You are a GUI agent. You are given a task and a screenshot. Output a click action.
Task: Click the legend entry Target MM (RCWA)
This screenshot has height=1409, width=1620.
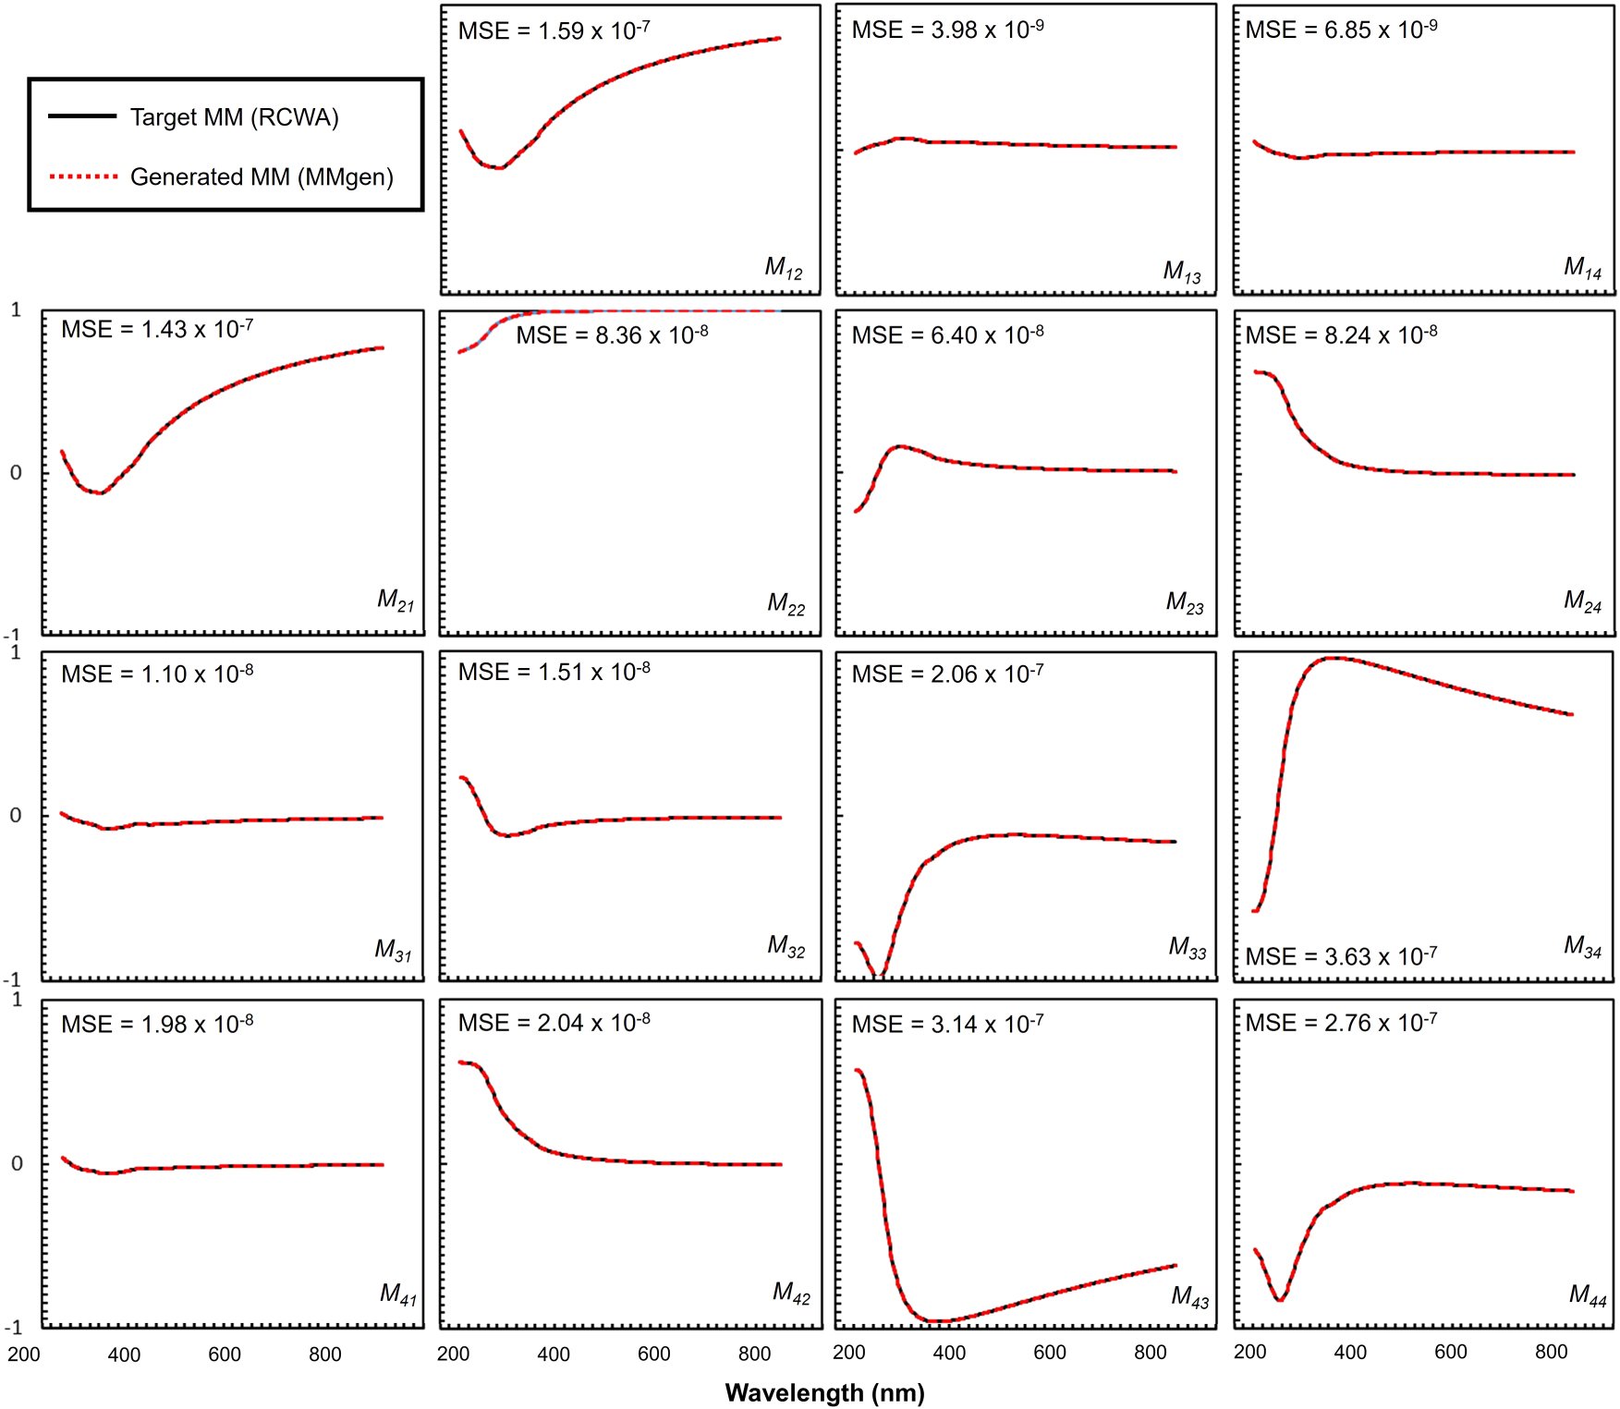pyautogui.click(x=234, y=117)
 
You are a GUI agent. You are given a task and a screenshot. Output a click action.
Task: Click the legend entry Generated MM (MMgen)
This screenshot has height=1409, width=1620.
pyautogui.click(x=262, y=176)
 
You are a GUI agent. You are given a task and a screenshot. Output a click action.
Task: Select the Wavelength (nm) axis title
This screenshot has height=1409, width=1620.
pyautogui.click(x=824, y=1392)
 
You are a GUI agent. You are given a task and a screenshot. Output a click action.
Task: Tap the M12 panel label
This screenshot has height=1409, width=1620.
pyautogui.click(x=784, y=268)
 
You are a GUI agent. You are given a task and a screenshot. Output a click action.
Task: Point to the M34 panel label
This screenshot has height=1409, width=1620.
pyautogui.click(x=1582, y=946)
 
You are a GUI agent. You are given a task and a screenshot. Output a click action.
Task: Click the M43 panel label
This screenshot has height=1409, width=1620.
pyautogui.click(x=1189, y=1296)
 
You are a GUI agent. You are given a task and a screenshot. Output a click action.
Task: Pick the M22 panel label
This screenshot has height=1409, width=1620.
pyautogui.click(x=786, y=604)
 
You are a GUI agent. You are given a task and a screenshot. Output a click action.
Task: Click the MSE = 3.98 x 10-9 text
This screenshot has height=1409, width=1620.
pyautogui.click(x=947, y=30)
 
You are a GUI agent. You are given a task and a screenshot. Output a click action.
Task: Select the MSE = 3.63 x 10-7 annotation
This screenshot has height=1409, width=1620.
pyautogui.click(x=1340, y=956)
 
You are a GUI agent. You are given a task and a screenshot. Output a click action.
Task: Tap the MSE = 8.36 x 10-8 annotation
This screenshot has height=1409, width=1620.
pyautogui.click(x=612, y=335)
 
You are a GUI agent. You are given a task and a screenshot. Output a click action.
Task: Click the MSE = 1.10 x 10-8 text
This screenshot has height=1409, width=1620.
pyautogui.click(x=157, y=674)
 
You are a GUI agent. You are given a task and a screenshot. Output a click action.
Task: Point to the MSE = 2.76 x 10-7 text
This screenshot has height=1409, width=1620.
pyautogui.click(x=1340, y=1024)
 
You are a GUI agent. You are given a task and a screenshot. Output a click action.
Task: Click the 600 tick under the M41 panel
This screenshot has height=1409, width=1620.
pyautogui.click(x=225, y=1354)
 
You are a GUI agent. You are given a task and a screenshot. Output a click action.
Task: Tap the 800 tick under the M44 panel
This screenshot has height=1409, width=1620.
pyautogui.click(x=1551, y=1353)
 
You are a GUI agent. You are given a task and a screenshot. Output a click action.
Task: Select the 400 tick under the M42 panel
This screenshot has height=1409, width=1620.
pyautogui.click(x=554, y=1354)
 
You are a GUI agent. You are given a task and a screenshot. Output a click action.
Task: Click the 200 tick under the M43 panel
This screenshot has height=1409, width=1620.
pyautogui.click(x=849, y=1353)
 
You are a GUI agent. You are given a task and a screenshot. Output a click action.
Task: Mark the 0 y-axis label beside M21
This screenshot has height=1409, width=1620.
pyautogui.click(x=16, y=473)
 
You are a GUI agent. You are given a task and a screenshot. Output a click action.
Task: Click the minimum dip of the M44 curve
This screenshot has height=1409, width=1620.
pyautogui.click(x=1280, y=1300)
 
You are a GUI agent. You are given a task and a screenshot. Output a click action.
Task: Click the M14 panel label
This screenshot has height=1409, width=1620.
pyautogui.click(x=1582, y=268)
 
